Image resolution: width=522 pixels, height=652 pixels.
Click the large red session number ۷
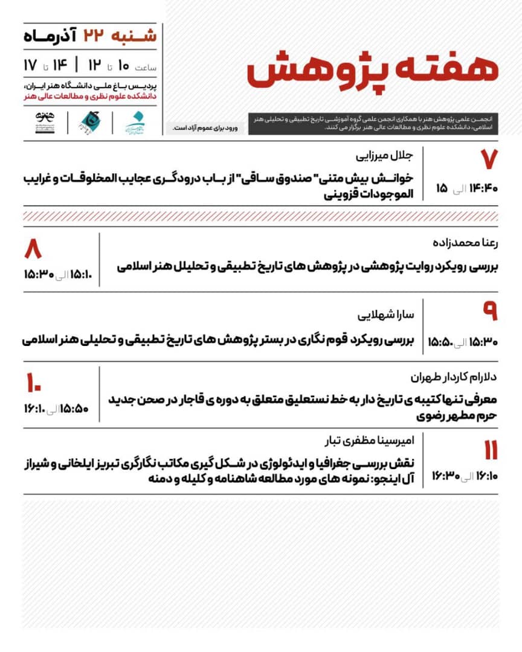[x=488, y=159]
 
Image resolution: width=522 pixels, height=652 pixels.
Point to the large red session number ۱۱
[x=489, y=450]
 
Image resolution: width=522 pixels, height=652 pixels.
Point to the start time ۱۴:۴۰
[x=483, y=188]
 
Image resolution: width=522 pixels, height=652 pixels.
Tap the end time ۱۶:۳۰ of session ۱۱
[x=446, y=476]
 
